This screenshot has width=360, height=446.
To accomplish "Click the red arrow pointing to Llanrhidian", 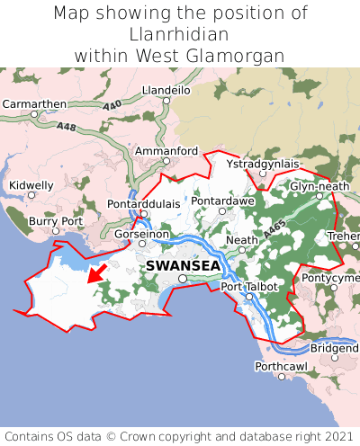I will point(96,273).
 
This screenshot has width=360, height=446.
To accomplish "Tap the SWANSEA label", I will point(183,266).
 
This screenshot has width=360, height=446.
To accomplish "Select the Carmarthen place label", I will point(34,104).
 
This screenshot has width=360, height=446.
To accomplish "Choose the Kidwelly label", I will point(31,185).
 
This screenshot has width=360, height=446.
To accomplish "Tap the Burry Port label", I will point(56,220).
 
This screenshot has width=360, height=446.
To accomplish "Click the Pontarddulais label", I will point(143,204).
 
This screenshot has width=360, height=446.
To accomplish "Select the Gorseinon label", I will point(141,234).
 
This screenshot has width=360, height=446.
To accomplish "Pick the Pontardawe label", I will point(222,201).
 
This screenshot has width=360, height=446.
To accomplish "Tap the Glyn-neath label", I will point(319,186).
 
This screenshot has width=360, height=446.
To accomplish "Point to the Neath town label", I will point(242,240).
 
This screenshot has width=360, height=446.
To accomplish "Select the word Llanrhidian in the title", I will point(179,34).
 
